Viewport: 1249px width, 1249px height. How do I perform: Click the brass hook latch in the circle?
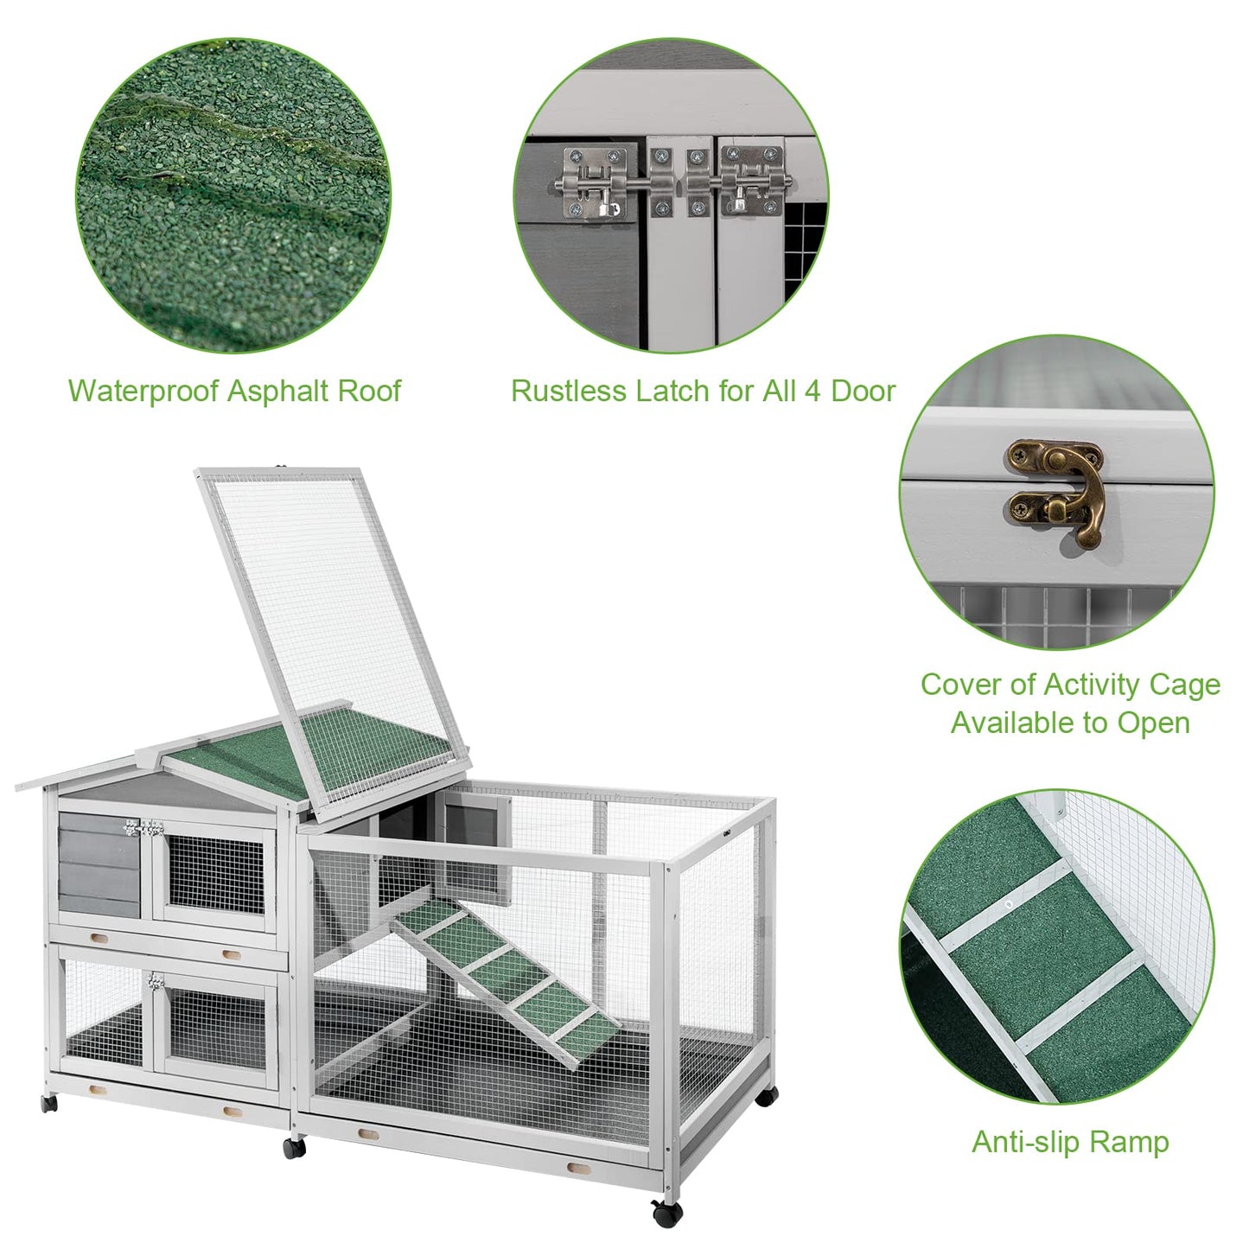(x=1056, y=493)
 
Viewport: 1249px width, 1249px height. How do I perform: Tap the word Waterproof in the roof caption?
(x=142, y=391)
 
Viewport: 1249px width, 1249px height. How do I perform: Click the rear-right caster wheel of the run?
(x=765, y=1095)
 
